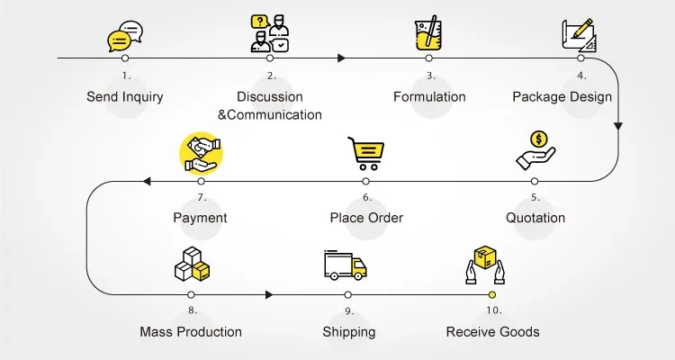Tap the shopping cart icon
click(x=366, y=153)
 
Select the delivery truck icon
click(x=346, y=265)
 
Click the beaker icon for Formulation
click(x=428, y=34)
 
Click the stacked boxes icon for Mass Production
click(x=192, y=265)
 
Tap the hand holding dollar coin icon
click(x=535, y=150)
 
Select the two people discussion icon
click(x=269, y=33)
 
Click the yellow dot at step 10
click(x=492, y=294)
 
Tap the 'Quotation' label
click(x=535, y=218)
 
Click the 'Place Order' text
click(x=366, y=218)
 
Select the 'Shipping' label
click(x=348, y=332)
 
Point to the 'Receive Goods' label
click(x=492, y=332)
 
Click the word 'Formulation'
click(x=429, y=96)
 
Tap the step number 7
click(x=202, y=197)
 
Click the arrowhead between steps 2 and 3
click(x=342, y=58)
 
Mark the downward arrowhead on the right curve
click(x=618, y=128)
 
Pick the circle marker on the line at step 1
click(x=125, y=58)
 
